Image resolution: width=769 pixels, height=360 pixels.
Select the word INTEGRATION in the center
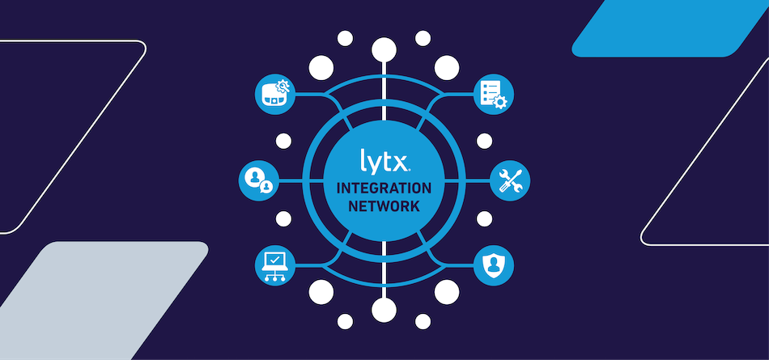coord(384,188)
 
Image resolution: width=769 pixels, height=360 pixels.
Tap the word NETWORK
coord(384,206)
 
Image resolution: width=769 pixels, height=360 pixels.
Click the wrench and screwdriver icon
coord(510,180)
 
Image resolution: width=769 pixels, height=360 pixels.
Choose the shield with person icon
coord(494,265)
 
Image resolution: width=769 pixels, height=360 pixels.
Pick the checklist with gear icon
coord(494,95)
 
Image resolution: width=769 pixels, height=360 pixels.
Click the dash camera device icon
coord(275,94)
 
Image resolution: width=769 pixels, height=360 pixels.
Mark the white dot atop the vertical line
coord(384,49)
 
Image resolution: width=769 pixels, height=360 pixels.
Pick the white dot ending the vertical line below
coord(384,310)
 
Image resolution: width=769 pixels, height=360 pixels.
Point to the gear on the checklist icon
coord(500,102)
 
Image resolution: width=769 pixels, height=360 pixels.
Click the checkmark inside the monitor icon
coord(274,259)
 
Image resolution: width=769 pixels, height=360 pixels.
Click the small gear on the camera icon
coord(283,87)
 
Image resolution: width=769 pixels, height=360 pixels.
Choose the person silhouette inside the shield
coord(494,265)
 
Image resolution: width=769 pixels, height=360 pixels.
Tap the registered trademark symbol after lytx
coord(409,171)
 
